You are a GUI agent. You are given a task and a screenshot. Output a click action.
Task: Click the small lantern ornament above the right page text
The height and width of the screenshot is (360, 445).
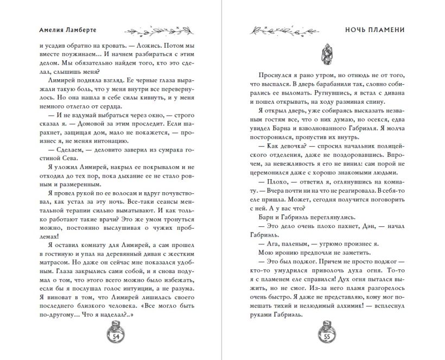[326, 53]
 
